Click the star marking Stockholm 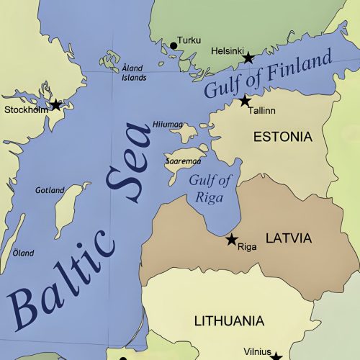point(55,105)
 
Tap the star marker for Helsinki point(248,58)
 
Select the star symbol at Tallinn point(245,100)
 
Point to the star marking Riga point(232,239)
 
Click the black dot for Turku point(173,46)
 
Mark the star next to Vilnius point(276,356)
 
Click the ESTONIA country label point(282,136)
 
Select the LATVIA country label point(288,238)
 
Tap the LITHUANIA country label point(229,320)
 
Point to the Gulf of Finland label point(268,73)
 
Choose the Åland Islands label point(133,73)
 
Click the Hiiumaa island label point(168,125)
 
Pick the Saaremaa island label point(178,161)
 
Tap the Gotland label point(50,190)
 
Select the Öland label point(23,253)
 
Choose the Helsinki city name point(228,51)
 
